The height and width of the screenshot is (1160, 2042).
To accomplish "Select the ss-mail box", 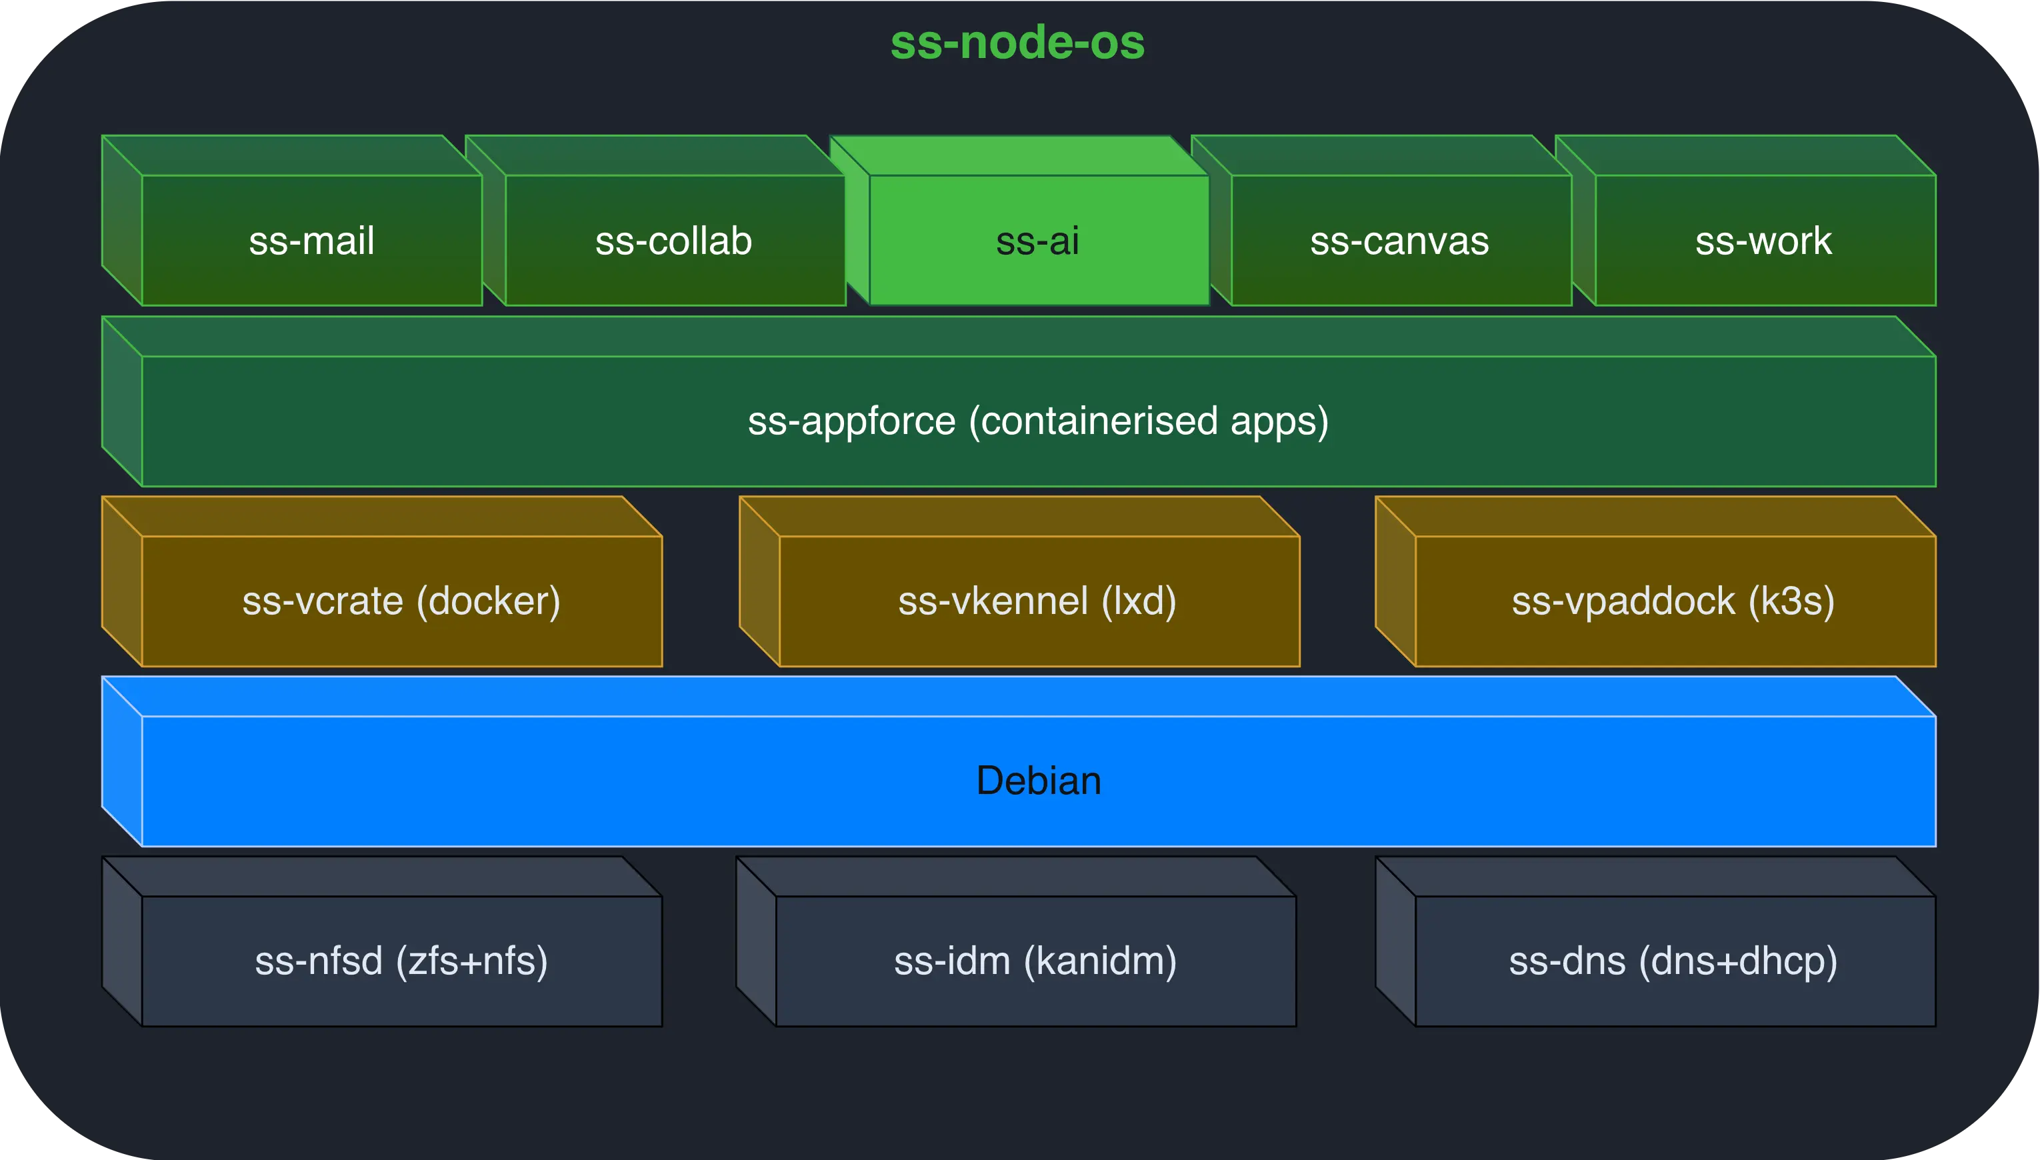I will (x=311, y=241).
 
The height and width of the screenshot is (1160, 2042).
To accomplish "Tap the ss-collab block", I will (x=674, y=241).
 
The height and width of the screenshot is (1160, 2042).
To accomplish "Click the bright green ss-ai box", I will (x=1038, y=241).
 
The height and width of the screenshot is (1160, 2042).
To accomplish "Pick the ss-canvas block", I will (x=1400, y=241).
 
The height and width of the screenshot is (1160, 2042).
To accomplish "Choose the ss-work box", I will (x=1764, y=241).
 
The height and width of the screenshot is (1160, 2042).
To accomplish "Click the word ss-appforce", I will (x=851, y=421).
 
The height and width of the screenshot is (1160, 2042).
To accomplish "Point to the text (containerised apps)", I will (x=1148, y=421).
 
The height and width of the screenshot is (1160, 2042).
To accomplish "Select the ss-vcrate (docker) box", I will (x=401, y=601).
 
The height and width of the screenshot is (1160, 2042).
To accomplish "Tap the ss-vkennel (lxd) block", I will (x=1037, y=601).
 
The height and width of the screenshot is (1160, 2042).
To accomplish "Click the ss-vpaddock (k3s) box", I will (x=1673, y=601).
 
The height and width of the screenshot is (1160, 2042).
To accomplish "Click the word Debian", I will (x=1038, y=781).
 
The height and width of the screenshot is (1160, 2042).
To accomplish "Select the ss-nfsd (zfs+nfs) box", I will (x=401, y=961).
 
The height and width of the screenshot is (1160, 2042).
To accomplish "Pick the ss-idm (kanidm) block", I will (x=1035, y=961).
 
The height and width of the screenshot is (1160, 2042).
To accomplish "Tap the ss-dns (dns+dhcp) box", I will (x=1673, y=961).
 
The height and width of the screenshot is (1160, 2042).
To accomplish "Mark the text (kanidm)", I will (x=1100, y=961).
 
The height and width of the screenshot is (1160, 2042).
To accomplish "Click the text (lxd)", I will (x=1139, y=601).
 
